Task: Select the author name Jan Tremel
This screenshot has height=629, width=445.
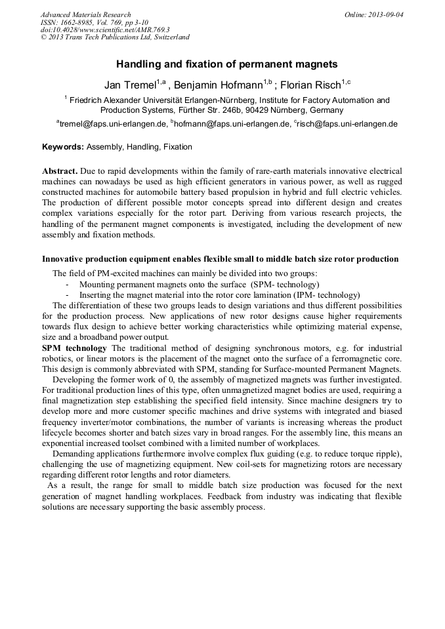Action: point(129,85)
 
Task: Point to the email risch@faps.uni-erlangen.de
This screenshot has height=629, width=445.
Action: point(347,123)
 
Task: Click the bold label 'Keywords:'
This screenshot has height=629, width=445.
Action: point(62,147)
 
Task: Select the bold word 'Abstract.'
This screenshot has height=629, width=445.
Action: point(60,171)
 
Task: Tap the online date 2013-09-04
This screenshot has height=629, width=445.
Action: point(387,14)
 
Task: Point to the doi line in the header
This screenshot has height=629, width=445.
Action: point(105,30)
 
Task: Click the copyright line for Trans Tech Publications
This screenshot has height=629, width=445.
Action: point(115,37)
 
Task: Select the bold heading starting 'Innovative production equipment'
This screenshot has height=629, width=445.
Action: point(220,259)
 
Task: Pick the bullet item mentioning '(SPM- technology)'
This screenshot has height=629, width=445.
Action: point(199,284)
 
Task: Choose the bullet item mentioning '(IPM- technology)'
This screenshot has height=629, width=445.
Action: point(219,295)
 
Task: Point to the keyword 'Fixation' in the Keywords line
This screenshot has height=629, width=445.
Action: point(178,147)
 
